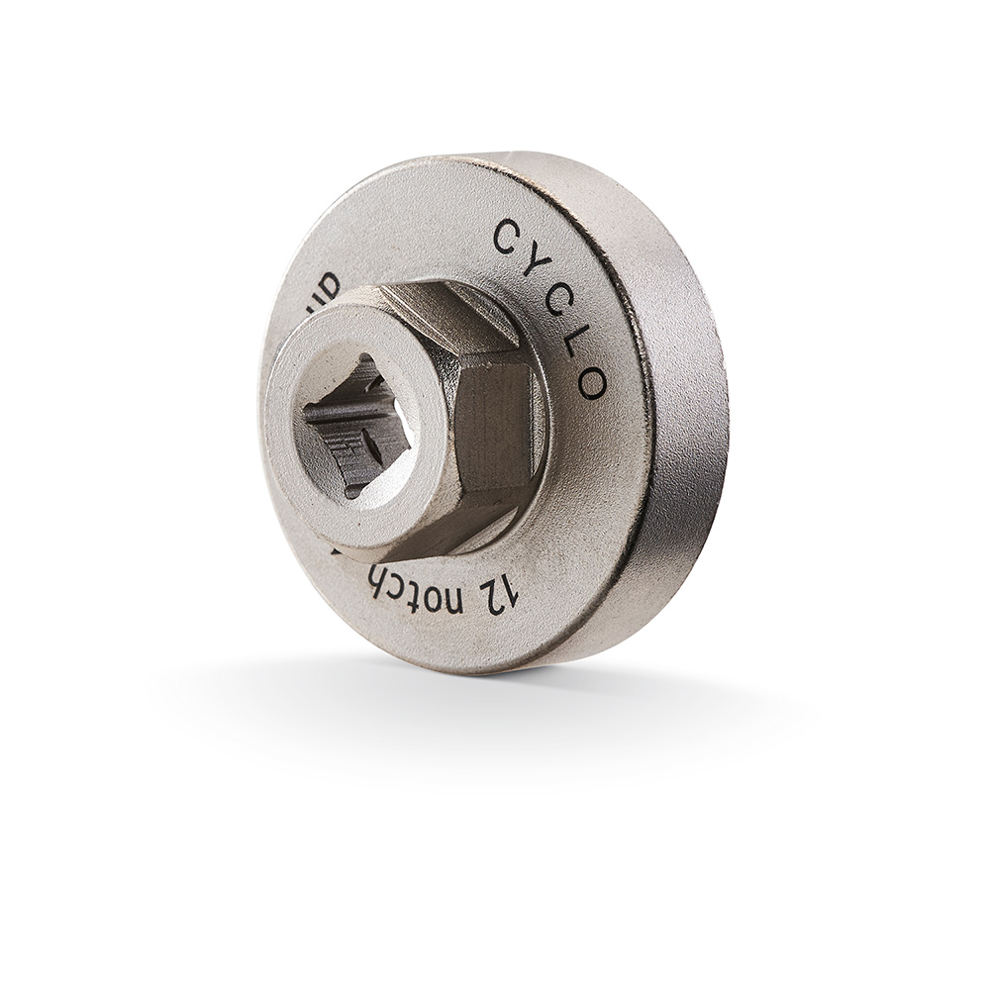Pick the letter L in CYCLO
click(x=582, y=337)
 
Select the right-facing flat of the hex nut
click(x=495, y=426)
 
